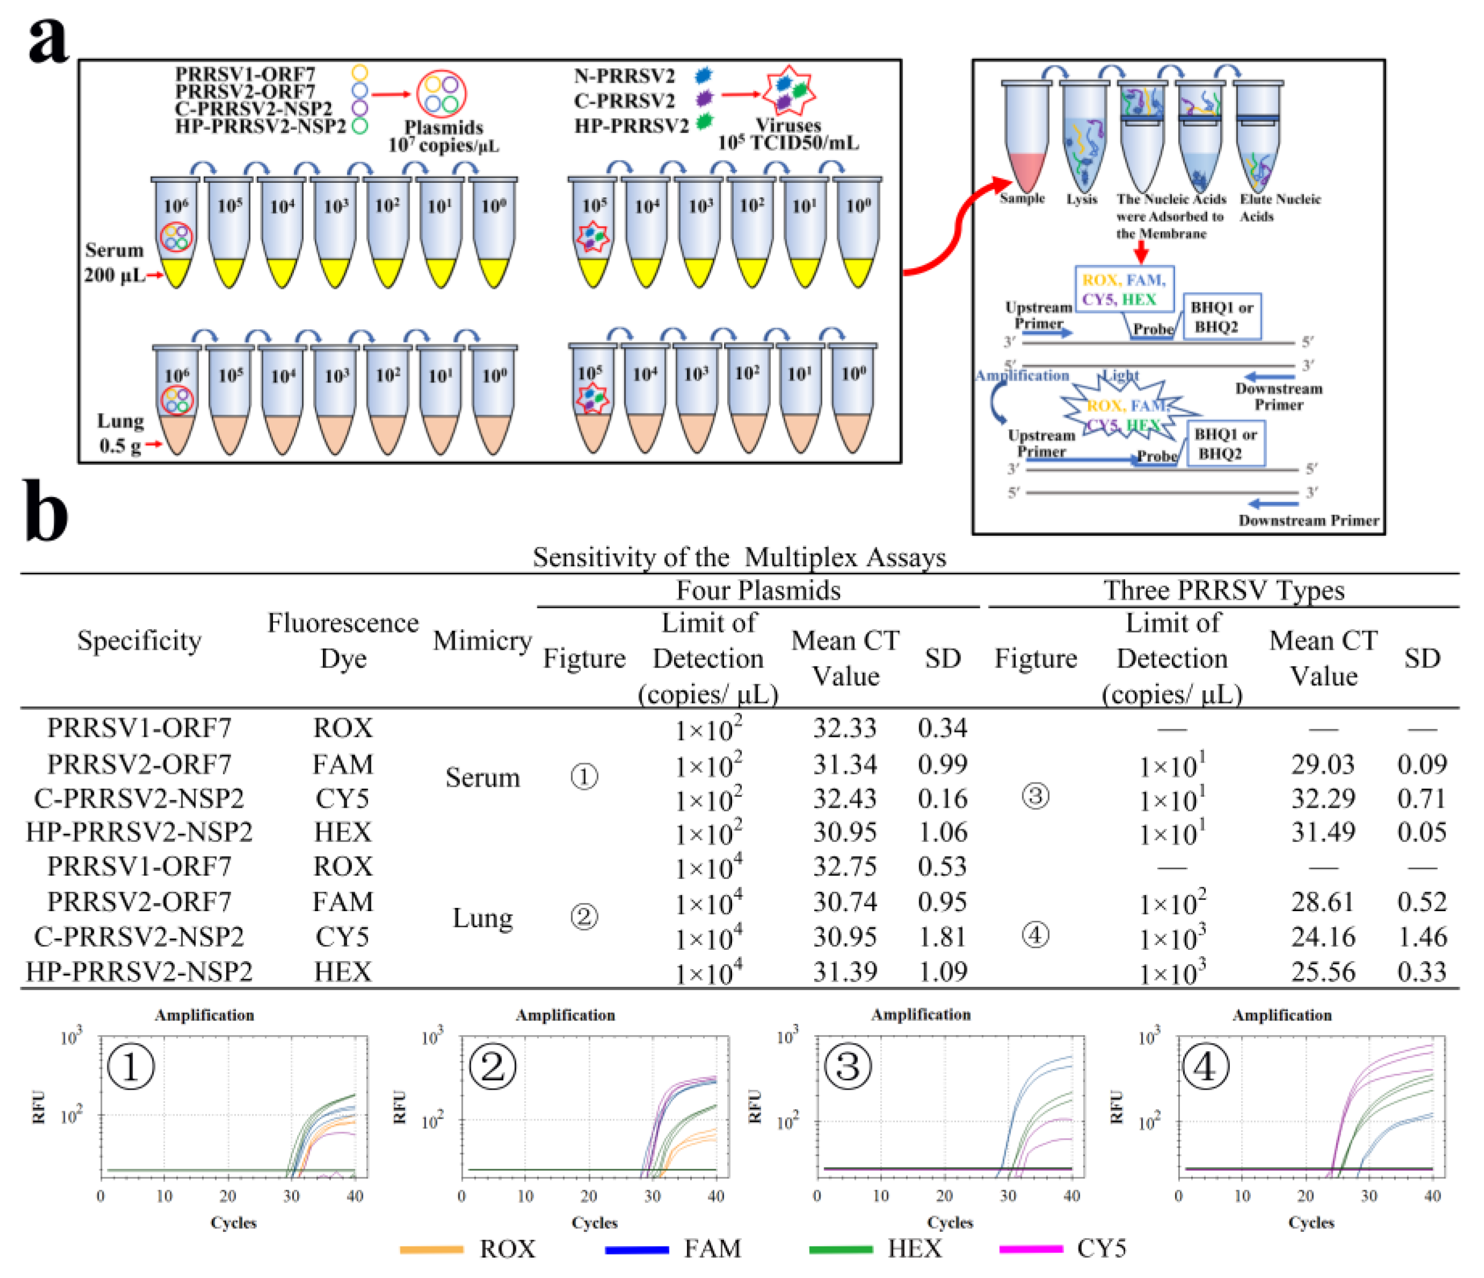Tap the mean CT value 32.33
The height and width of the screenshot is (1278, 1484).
pyautogui.click(x=844, y=728)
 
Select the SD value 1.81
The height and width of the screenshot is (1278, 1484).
pyautogui.click(x=942, y=937)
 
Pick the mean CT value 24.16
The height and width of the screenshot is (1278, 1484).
pyautogui.click(x=1323, y=937)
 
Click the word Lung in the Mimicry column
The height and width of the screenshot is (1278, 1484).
pyautogui.click(x=482, y=918)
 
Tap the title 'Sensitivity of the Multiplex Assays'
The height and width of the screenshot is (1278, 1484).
pyautogui.click(x=739, y=557)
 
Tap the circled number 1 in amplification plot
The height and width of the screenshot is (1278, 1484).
pyautogui.click(x=130, y=1067)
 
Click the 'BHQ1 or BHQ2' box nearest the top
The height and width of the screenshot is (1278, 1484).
pyautogui.click(x=1221, y=316)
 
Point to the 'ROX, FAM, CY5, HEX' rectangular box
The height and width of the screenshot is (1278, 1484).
pyautogui.click(x=1124, y=290)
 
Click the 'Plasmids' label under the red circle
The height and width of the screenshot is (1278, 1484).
pyautogui.click(x=444, y=128)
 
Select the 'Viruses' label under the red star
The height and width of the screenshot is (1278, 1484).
pyautogui.click(x=788, y=125)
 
